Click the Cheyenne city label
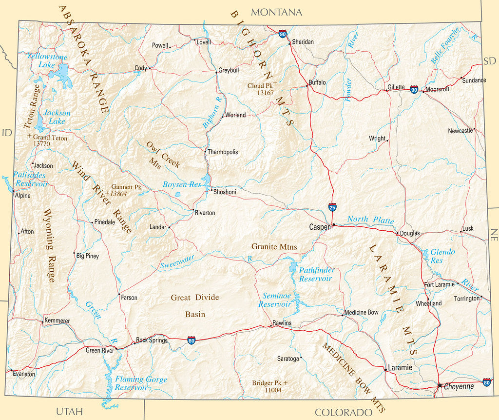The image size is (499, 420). [x=459, y=386]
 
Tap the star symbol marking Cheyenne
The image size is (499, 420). [x=440, y=385]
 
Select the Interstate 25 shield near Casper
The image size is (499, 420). [x=332, y=207]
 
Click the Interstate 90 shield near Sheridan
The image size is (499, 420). [x=283, y=34]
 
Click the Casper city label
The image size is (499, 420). [x=320, y=227]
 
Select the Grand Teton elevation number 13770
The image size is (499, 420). [x=42, y=144]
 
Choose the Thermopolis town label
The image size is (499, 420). [x=223, y=152]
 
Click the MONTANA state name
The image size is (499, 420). [x=276, y=12]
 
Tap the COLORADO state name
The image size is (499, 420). [x=344, y=412]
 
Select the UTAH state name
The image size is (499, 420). [x=69, y=411]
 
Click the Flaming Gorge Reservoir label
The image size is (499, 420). [x=141, y=383]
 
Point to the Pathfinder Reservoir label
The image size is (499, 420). [x=315, y=274]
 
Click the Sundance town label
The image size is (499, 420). [x=474, y=80]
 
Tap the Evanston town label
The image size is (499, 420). [x=24, y=374]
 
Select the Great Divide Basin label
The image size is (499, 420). [x=195, y=306]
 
